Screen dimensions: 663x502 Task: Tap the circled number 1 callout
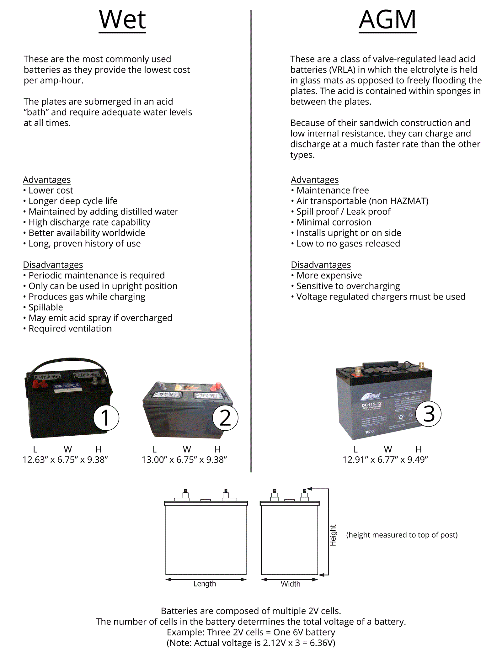pos(106,418)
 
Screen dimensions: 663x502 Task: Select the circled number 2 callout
pos(225,418)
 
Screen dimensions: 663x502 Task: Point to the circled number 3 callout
pos(429,414)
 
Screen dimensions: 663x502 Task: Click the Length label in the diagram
pos(205,584)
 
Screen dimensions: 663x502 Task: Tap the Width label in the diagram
pos(291,584)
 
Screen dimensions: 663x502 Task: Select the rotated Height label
pos(333,535)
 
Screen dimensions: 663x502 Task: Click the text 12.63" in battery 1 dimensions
pos(35,460)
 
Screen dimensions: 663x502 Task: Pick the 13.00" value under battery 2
pos(154,460)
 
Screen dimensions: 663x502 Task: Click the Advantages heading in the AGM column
pos(315,180)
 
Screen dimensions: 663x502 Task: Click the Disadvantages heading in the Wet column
pos(53,265)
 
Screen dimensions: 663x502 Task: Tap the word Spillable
pos(46,307)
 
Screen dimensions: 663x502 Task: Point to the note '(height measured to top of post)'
pos(402,535)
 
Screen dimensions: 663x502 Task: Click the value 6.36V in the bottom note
pos(323,643)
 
